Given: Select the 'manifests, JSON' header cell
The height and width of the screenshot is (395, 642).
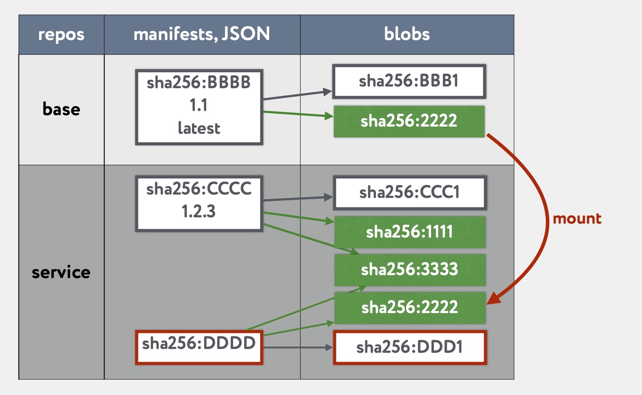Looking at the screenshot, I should click(202, 34).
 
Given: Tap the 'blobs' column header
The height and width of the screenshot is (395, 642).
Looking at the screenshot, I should click(407, 34).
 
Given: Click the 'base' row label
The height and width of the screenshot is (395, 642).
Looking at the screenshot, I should click(61, 109).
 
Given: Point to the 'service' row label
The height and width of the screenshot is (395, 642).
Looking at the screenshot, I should click(61, 272).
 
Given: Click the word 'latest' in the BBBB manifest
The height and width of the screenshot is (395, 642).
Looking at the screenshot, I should click(199, 128).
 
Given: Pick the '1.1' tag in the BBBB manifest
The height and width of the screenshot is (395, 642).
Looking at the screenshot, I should click(199, 105).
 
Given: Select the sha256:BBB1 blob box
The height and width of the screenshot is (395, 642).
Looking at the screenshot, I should click(409, 81).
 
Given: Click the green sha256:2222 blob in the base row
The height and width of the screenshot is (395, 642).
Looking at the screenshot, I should click(409, 121).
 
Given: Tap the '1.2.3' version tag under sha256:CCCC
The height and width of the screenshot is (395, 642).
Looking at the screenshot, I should click(199, 211).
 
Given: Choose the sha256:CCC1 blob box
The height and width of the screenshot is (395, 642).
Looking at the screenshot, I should click(410, 192).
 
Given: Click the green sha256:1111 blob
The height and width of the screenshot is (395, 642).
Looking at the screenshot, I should click(410, 232).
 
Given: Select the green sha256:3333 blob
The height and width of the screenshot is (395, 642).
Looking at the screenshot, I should click(410, 269).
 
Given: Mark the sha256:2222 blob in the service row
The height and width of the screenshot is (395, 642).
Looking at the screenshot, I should click(410, 307).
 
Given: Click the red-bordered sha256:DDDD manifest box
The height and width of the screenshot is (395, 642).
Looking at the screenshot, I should click(199, 346).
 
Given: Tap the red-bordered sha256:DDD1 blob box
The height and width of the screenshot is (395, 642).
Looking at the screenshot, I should click(410, 347).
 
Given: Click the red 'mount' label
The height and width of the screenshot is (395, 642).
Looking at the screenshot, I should click(577, 219).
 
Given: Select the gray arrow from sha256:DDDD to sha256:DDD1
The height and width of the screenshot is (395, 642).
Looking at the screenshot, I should click(297, 347).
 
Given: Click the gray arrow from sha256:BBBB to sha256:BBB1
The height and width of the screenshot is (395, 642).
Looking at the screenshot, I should click(297, 95).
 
